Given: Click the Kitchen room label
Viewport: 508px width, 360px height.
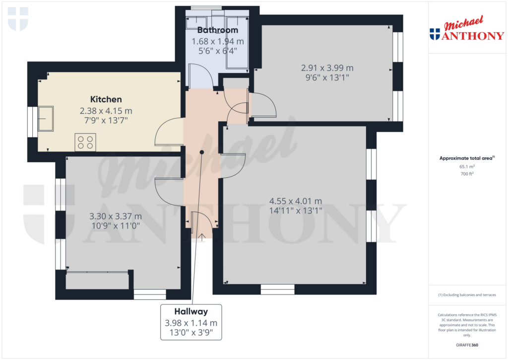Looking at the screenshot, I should [x=106, y=99].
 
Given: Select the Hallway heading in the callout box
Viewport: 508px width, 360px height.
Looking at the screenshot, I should [x=190, y=311].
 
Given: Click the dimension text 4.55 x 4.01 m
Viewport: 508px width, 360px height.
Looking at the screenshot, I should [x=296, y=201].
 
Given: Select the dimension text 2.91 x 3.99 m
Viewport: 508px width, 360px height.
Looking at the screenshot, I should [x=327, y=68].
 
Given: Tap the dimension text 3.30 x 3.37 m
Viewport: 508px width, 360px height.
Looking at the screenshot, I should [x=116, y=216].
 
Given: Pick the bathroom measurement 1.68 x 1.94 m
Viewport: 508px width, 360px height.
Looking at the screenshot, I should [x=218, y=41].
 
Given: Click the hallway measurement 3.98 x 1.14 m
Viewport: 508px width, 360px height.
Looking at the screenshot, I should [x=190, y=322].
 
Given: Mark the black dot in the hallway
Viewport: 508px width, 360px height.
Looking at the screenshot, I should [x=202, y=152].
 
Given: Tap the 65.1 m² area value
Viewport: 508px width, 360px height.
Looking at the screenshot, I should [x=467, y=167].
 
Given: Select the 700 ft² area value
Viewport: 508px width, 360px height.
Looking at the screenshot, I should [x=467, y=174].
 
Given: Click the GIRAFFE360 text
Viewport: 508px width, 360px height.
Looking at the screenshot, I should [x=467, y=345].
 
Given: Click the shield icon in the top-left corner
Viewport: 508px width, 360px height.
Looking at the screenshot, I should [x=18, y=19].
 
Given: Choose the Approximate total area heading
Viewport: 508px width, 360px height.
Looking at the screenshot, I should [x=466, y=158].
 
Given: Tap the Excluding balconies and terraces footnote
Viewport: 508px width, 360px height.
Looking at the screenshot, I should [x=467, y=295].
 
